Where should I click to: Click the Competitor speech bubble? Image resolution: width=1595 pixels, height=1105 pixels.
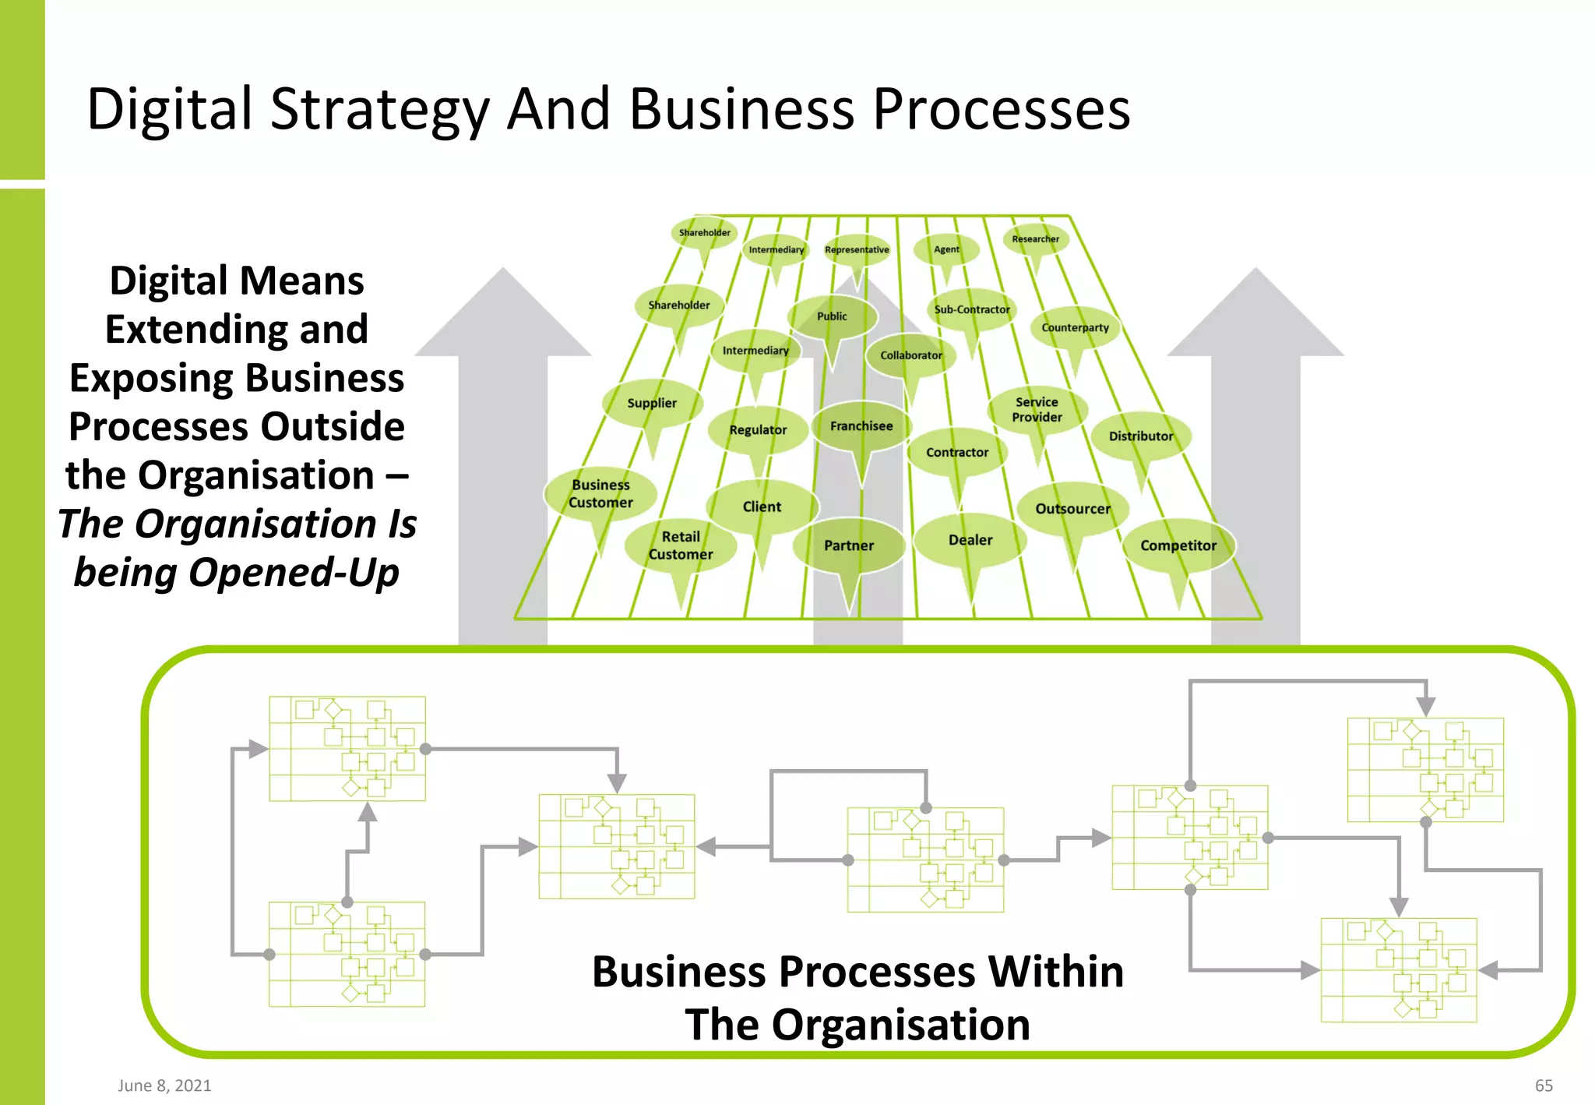click(1178, 545)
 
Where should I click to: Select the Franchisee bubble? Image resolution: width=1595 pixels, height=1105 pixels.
click(861, 426)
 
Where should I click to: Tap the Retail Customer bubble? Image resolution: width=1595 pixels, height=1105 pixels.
click(681, 545)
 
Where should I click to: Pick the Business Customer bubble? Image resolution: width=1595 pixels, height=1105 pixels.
click(600, 493)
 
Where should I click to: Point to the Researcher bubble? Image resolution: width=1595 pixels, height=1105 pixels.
click(1035, 239)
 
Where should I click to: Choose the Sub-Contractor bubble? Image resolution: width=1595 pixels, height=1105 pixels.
click(972, 309)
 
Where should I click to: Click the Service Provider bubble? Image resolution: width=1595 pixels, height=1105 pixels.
click(1037, 409)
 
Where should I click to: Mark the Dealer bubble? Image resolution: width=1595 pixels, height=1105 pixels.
click(970, 540)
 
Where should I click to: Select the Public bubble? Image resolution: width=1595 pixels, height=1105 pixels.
click(832, 316)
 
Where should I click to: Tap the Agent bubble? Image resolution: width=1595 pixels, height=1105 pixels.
click(946, 249)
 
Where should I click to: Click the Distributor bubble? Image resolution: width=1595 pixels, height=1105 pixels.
click(1140, 436)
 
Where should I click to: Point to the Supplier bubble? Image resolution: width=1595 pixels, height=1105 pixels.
click(652, 403)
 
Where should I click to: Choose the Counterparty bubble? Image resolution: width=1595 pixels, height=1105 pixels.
click(1075, 328)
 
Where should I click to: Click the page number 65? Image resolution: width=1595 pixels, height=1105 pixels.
click(1544, 1086)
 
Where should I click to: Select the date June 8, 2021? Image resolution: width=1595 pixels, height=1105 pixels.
click(164, 1086)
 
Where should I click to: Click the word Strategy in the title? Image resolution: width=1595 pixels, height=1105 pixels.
click(379, 110)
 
